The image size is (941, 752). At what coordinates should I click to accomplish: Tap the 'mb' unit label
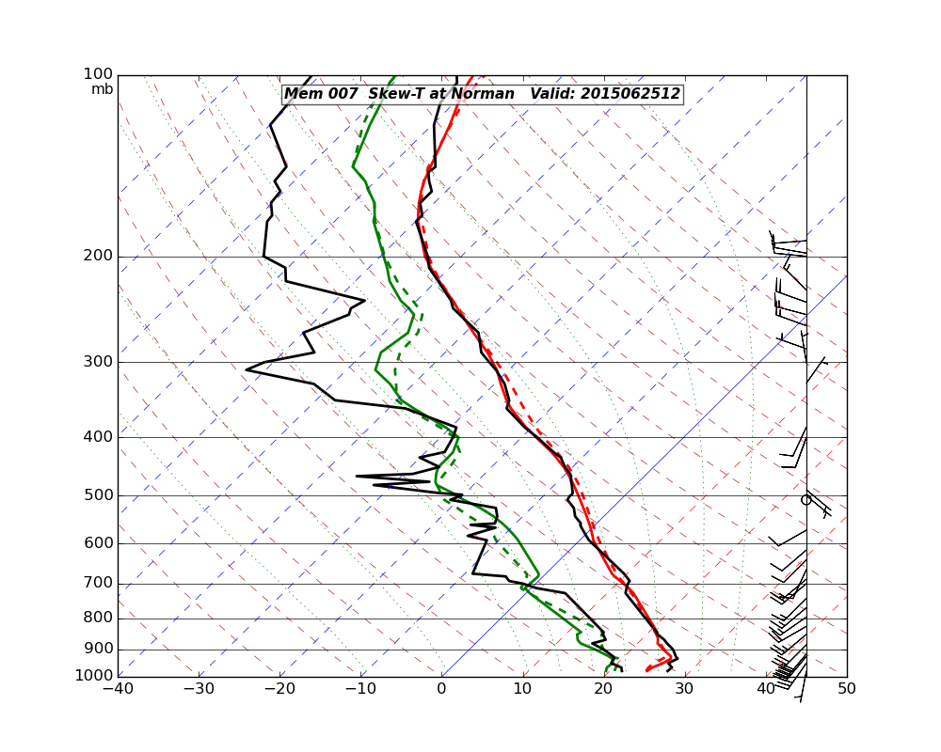pyautogui.click(x=102, y=89)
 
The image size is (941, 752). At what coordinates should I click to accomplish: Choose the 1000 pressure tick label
pyautogui.click(x=95, y=676)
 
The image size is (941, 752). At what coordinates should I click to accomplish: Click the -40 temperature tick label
pyautogui.click(x=118, y=689)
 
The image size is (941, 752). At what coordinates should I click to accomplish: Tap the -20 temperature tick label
pyautogui.click(x=279, y=689)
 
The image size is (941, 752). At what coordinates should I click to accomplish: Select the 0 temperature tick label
pyautogui.click(x=441, y=689)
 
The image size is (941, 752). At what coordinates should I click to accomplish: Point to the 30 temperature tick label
pyautogui.click(x=685, y=689)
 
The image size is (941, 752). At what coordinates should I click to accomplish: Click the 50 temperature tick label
pyautogui.click(x=847, y=689)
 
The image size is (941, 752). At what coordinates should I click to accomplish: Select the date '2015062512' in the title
pyautogui.click(x=630, y=94)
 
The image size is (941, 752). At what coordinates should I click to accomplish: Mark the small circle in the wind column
pyautogui.click(x=805, y=500)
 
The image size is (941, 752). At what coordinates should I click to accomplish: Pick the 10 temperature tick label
pyautogui.click(x=522, y=689)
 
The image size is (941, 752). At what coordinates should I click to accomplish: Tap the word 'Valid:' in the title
pyautogui.click(x=553, y=94)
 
